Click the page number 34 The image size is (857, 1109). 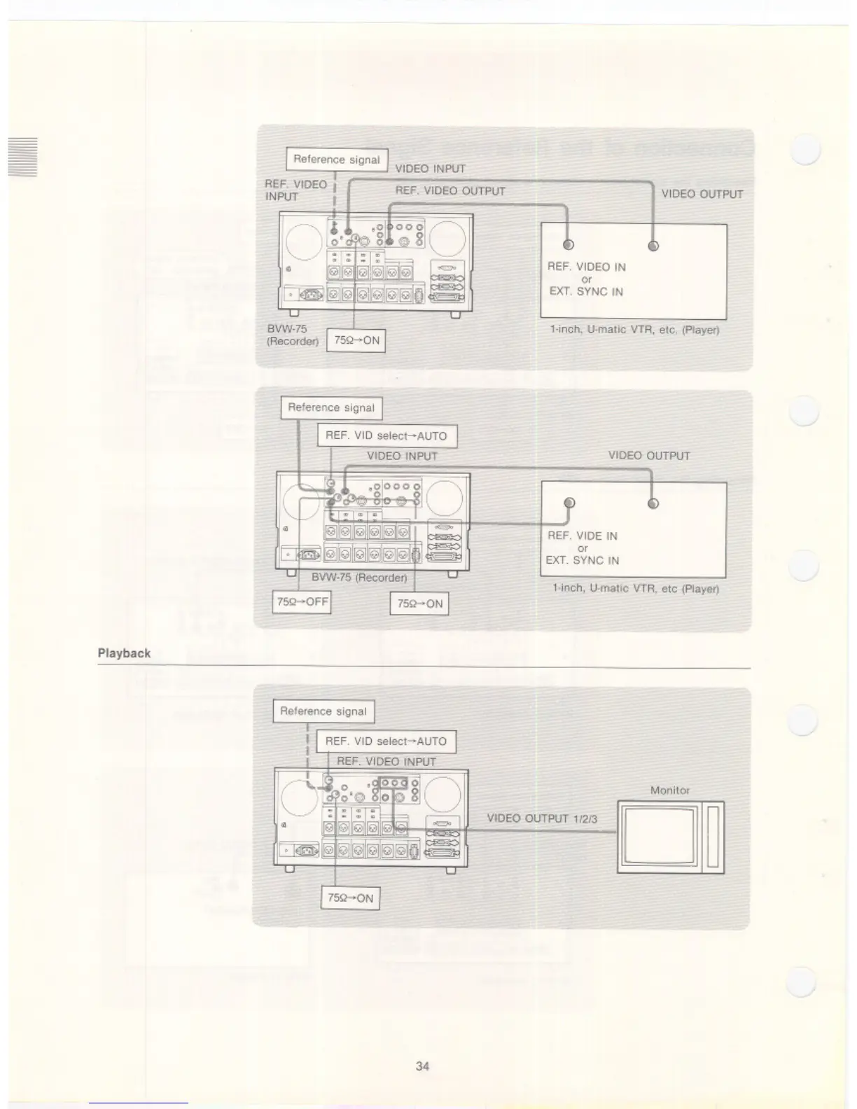click(422, 1066)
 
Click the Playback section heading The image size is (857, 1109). click(124, 653)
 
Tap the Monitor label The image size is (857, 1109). click(669, 790)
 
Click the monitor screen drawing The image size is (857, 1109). click(662, 837)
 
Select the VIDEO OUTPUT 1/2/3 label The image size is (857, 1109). click(542, 818)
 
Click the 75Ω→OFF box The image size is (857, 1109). click(301, 602)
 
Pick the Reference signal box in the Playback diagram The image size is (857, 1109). click(323, 711)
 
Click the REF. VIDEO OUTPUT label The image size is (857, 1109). click(450, 191)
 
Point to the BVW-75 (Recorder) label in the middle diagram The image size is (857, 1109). click(359, 578)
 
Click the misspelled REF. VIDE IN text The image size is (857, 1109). click(582, 536)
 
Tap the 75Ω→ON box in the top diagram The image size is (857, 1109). click(356, 341)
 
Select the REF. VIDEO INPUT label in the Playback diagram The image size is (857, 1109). click(386, 762)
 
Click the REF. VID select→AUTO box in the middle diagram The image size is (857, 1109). click(386, 435)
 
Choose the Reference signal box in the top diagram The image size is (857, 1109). click(337, 160)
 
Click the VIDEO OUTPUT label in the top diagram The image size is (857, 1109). click(702, 195)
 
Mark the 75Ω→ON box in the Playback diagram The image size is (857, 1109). click(350, 898)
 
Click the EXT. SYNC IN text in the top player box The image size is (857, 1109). click(586, 292)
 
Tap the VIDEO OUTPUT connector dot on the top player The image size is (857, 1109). click(653, 246)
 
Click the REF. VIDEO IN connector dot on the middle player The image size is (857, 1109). click(569, 503)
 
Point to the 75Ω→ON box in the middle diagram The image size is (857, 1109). click(419, 604)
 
